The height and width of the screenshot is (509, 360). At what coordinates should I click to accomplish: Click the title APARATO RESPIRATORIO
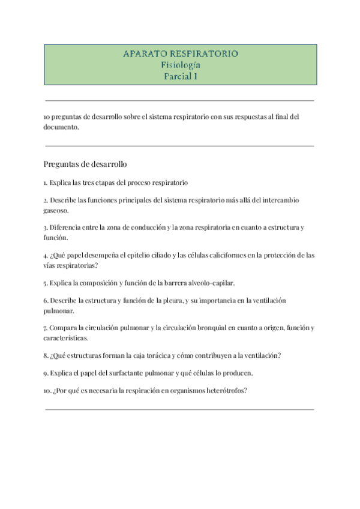click(180, 54)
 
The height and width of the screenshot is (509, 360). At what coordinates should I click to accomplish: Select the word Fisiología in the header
click(180, 65)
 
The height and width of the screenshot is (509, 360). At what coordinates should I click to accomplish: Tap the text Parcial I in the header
click(180, 76)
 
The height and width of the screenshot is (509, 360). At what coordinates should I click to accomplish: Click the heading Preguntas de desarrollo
click(85, 164)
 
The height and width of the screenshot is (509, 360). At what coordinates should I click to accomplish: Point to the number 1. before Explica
click(46, 182)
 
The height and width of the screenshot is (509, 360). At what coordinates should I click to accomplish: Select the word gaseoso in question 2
click(56, 211)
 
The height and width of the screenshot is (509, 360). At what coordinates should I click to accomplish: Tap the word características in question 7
click(66, 339)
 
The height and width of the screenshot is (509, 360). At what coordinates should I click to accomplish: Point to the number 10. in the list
click(47, 390)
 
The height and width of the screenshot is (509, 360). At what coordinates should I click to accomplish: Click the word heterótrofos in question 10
click(227, 390)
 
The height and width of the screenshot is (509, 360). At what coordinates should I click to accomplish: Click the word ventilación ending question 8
click(261, 355)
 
